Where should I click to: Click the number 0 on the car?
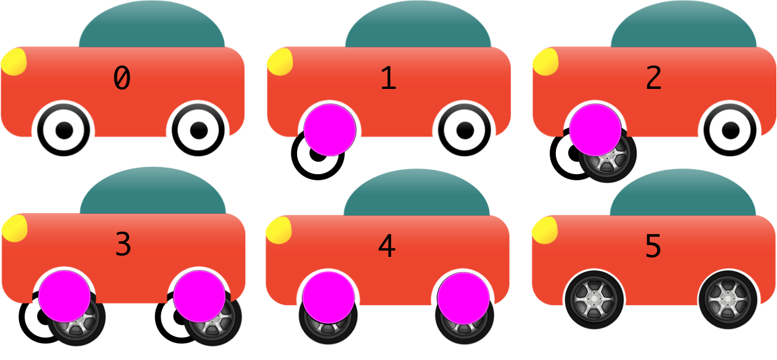[x=122, y=78]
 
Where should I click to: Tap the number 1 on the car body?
[x=387, y=78]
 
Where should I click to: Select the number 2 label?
[x=653, y=78]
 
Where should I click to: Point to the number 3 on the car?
[x=123, y=245]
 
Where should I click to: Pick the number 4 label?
[x=387, y=246]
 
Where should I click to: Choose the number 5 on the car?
[x=653, y=246]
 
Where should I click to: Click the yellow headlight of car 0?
[x=13, y=62]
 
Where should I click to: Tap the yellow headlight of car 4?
[x=279, y=230]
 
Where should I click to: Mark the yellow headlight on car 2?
[x=545, y=62]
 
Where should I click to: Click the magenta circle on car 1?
[x=330, y=130]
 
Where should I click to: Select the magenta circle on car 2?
[x=595, y=130]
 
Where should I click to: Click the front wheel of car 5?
[x=594, y=300]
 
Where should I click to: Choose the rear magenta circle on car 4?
[x=464, y=298]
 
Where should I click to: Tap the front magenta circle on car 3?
[x=65, y=295]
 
